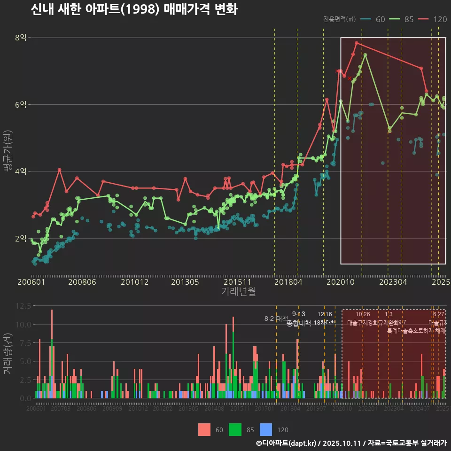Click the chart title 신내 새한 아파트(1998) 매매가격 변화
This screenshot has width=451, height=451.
click(134, 9)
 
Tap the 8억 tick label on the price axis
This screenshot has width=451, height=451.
click(21, 38)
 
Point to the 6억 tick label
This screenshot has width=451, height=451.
click(21, 104)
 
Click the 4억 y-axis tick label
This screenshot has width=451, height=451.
click(21, 171)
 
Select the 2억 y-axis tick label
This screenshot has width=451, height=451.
click(21, 238)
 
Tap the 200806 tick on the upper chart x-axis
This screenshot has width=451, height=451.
click(83, 282)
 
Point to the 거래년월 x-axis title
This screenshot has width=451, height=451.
click(238, 291)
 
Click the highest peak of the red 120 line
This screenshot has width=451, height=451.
click(357, 43)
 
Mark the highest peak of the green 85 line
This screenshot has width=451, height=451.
click(365, 55)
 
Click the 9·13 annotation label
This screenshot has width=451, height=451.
click(298, 314)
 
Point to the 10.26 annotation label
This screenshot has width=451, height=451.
click(363, 314)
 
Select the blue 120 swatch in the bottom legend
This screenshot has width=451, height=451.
click(266, 429)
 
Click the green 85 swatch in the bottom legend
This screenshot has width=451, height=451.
click(235, 429)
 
